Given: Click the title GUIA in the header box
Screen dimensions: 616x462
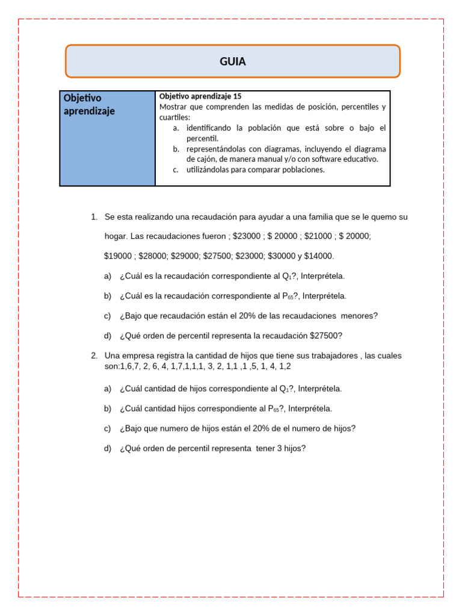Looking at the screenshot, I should click(x=232, y=61).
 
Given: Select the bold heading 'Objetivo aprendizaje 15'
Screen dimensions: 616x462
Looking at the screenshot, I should click(x=200, y=96).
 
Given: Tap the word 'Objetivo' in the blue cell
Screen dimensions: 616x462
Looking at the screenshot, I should click(x=82, y=98).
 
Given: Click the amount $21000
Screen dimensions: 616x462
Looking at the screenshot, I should click(x=319, y=236).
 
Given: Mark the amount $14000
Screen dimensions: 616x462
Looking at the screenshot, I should click(x=319, y=256).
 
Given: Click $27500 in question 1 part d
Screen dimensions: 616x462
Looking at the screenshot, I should click(x=326, y=336).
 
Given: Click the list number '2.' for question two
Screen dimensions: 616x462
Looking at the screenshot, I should click(x=94, y=356).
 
